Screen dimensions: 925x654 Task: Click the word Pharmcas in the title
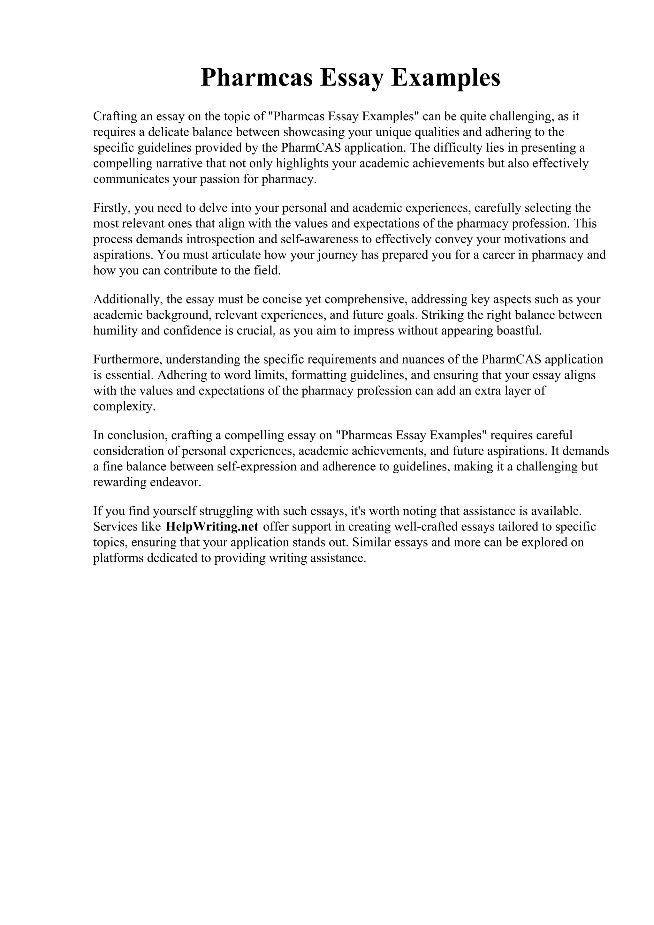257,78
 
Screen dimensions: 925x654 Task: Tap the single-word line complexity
124,407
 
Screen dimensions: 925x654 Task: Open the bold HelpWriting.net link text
212,527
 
